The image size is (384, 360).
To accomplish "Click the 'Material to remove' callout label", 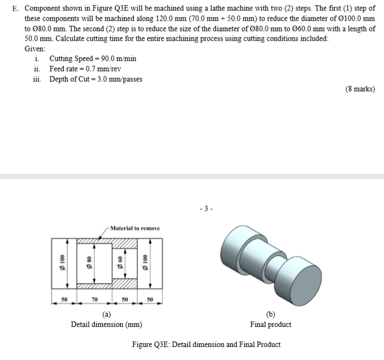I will [x=135, y=228].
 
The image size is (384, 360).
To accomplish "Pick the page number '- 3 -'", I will [x=206, y=207].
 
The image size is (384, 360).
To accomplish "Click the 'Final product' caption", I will [x=270, y=324].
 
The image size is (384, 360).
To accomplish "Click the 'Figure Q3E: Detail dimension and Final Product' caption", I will [x=206, y=344].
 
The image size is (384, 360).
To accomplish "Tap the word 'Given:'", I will [x=36, y=49].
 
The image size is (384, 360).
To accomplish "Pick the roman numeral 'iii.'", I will [x=37, y=79].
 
